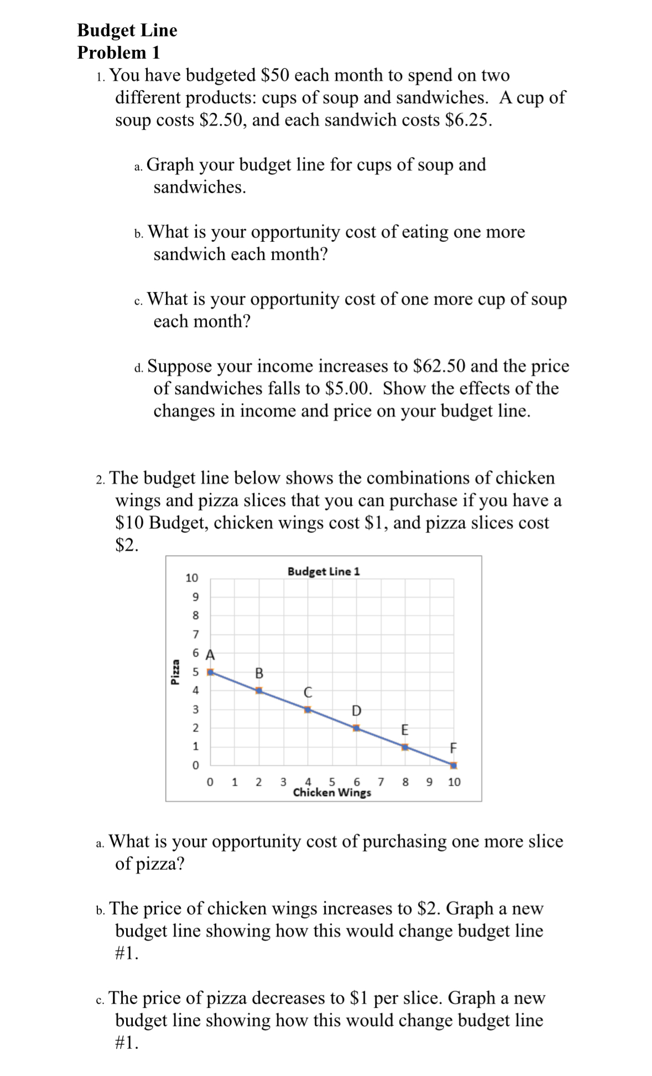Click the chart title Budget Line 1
(x=324, y=571)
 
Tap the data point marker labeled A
(x=210, y=672)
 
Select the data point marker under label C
(x=307, y=709)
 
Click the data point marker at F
(x=453, y=766)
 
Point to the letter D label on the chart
(x=356, y=710)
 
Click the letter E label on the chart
(x=404, y=729)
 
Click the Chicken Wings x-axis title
(x=332, y=793)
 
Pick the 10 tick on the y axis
(x=191, y=578)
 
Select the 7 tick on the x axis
(x=380, y=782)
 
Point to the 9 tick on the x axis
(x=430, y=782)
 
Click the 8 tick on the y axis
(x=195, y=615)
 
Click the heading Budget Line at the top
(x=127, y=30)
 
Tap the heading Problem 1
(x=118, y=53)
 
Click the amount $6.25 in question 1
(x=467, y=120)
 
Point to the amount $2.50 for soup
(x=222, y=120)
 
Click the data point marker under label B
(x=259, y=691)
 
